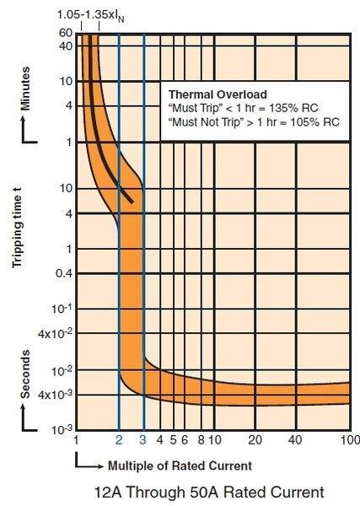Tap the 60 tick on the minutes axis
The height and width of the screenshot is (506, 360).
[x=65, y=32]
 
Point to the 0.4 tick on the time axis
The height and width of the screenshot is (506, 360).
[x=62, y=273]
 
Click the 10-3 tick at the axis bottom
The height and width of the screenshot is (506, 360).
[x=62, y=430]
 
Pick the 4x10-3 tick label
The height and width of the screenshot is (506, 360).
[x=56, y=395]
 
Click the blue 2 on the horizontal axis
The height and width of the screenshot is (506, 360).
[x=119, y=439]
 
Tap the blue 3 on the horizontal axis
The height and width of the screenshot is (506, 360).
[x=143, y=439]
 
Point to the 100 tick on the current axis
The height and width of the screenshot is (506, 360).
[x=346, y=439]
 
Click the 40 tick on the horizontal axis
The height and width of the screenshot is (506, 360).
[x=295, y=439]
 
